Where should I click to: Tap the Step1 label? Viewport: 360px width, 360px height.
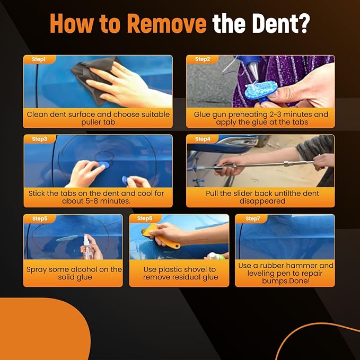(39, 59)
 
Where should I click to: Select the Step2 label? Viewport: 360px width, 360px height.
(203, 59)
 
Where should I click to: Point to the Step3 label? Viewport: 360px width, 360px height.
(40, 139)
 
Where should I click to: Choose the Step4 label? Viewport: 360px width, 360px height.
(203, 139)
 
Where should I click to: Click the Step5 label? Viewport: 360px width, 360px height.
(40, 218)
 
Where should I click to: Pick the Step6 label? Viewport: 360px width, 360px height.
(145, 218)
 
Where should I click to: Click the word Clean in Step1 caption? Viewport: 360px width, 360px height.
(38, 114)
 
